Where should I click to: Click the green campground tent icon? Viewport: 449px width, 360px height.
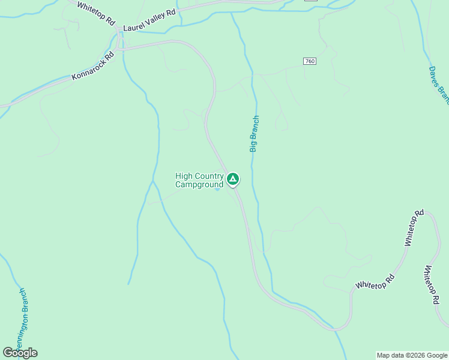[x=233, y=179]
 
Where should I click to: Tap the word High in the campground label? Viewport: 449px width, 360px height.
[x=184, y=176]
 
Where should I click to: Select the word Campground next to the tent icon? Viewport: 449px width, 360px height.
[x=199, y=185]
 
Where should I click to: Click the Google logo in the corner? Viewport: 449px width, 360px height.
[x=20, y=353]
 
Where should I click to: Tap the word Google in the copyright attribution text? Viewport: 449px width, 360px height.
[x=436, y=355]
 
